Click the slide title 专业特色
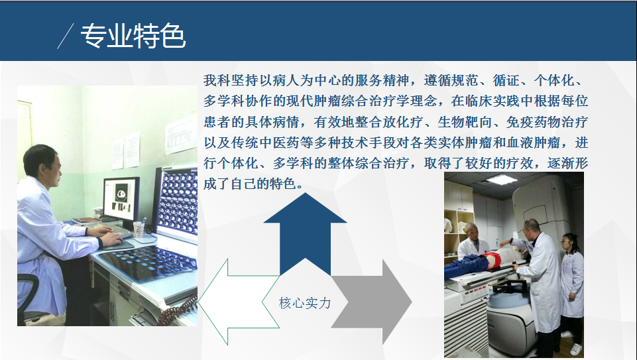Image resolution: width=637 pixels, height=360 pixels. pyautogui.click(x=133, y=36)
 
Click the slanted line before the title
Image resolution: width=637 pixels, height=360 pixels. pyautogui.click(x=66, y=36)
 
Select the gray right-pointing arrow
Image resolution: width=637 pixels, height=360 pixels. pyautogui.click(x=371, y=302)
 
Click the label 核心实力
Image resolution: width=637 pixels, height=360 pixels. pyautogui.click(x=305, y=303)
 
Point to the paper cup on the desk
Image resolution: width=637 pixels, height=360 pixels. pyautogui.click(x=139, y=229)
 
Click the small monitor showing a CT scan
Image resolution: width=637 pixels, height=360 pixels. pyautogui.click(x=121, y=199)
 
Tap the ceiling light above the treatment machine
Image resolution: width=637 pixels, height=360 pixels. pyautogui.click(x=501, y=179)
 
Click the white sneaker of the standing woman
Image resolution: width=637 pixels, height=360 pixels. pyautogui.click(x=575, y=349)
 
